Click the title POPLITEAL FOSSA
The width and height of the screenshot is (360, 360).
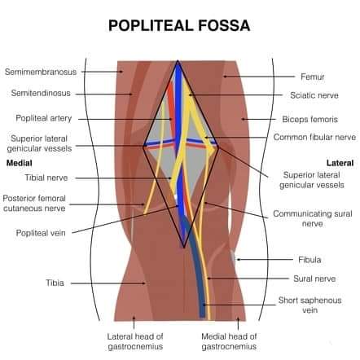pos(179,25)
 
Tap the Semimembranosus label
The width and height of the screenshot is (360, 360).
pos(41,72)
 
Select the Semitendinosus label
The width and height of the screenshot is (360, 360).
pos(41,93)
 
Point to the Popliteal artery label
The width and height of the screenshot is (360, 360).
pos(44,118)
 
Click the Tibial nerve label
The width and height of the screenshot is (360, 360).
pos(46,178)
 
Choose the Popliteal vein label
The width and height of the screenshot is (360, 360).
pos(41,233)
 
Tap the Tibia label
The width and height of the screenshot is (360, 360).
pos(55,283)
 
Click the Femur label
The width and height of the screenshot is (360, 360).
pos(313,77)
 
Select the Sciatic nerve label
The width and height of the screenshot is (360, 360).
pos(314,95)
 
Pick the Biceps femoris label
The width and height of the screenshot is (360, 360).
pos(310,119)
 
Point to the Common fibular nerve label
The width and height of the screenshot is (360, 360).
pos(314,137)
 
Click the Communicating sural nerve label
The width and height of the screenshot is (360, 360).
pos(313,218)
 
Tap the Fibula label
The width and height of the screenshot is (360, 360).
pos(310,260)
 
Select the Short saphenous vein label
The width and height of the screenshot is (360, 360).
pos(310,305)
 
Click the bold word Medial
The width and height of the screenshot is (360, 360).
pos(20,163)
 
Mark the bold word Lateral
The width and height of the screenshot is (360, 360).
pos(340,163)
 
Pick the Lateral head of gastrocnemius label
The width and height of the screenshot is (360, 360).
pos(135,341)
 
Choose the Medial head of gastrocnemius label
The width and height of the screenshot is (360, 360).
pos(229,341)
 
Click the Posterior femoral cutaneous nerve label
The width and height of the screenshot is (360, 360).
pos(34,204)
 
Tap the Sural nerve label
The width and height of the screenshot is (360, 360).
pos(314,279)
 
